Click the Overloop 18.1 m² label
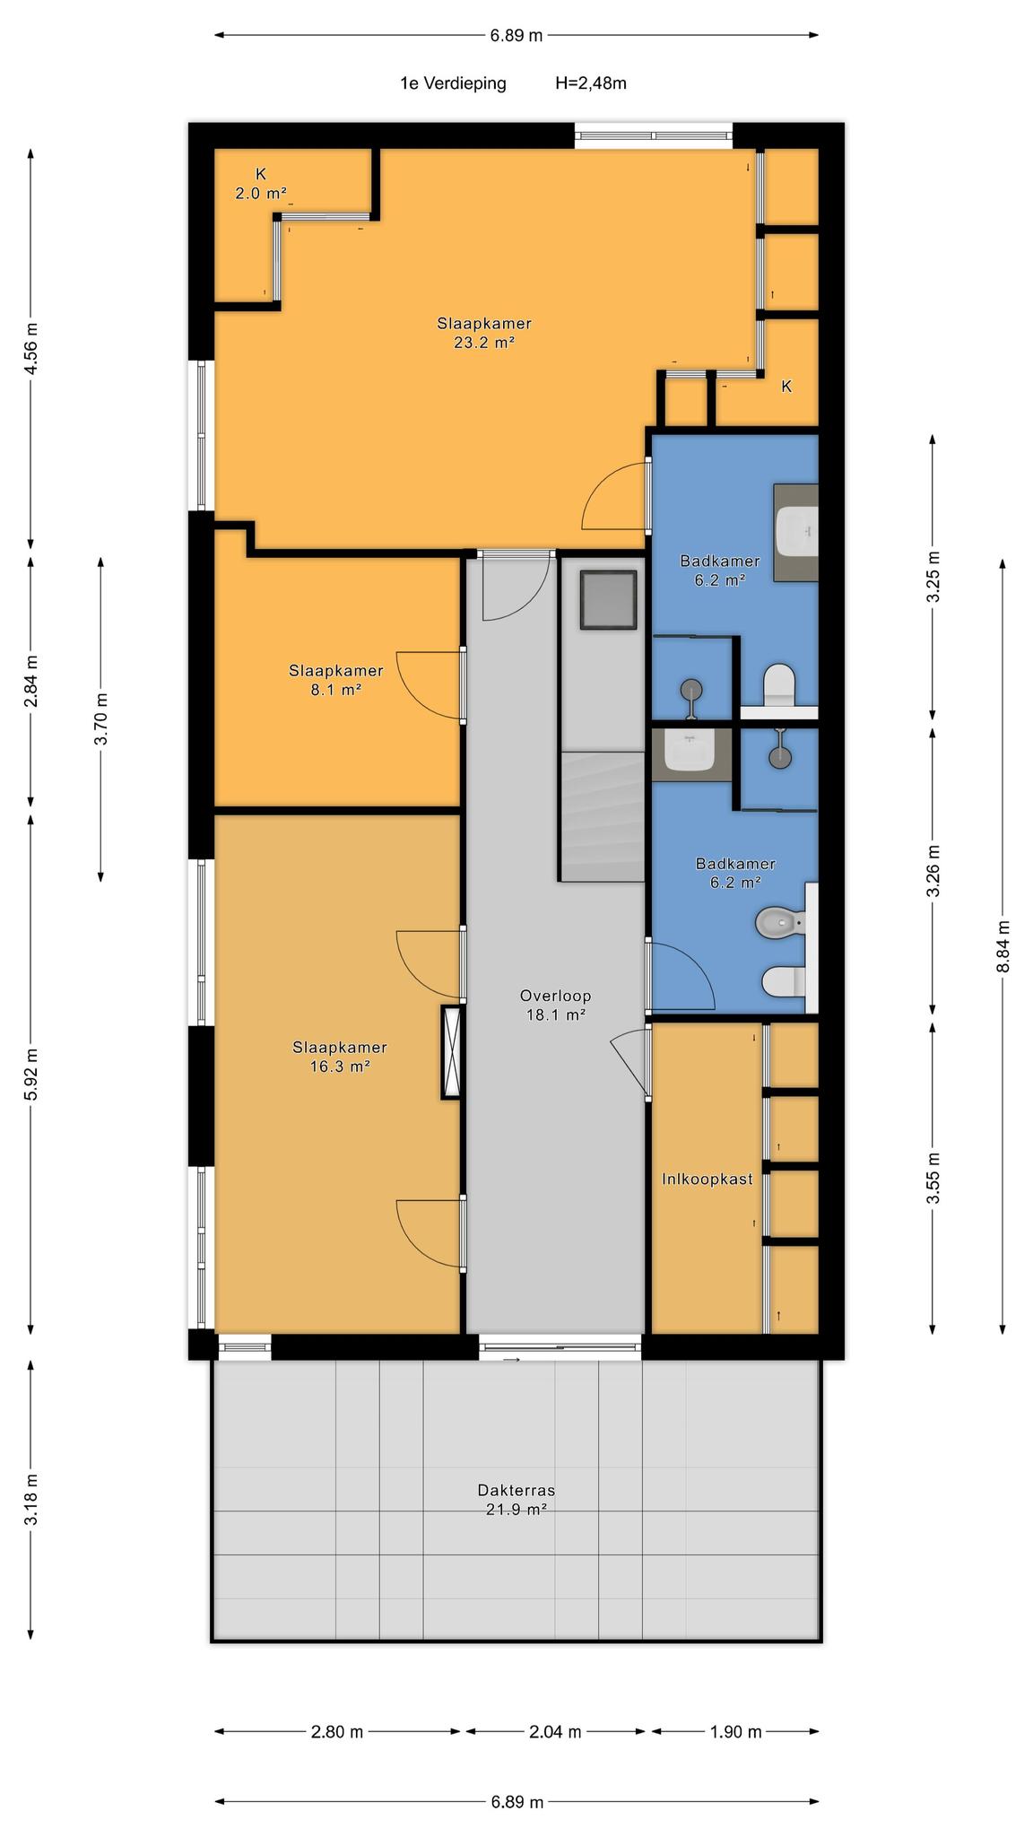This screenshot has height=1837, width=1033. click(x=555, y=1005)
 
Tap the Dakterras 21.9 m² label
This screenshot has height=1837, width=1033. click(x=516, y=1499)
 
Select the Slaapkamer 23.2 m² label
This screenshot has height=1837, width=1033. click(x=484, y=332)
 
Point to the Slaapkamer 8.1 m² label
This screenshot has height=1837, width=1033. click(x=335, y=680)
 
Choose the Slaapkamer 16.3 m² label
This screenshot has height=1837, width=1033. click(x=340, y=1057)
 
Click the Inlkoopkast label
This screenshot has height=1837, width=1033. click(x=707, y=1179)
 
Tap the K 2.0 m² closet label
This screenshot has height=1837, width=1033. click(x=261, y=183)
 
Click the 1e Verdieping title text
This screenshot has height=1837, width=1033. click(x=453, y=83)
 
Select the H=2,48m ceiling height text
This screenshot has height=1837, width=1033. click(x=591, y=83)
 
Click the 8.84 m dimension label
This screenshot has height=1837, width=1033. click(x=1003, y=946)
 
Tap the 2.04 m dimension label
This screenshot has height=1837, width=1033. click(x=556, y=1732)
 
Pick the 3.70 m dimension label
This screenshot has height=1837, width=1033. click(x=101, y=718)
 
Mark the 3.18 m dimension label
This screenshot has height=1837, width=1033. click(x=31, y=1500)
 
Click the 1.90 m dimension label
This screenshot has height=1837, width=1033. click(x=735, y=1732)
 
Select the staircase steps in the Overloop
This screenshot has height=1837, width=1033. click(x=603, y=816)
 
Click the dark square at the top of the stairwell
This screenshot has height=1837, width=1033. click(x=608, y=599)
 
